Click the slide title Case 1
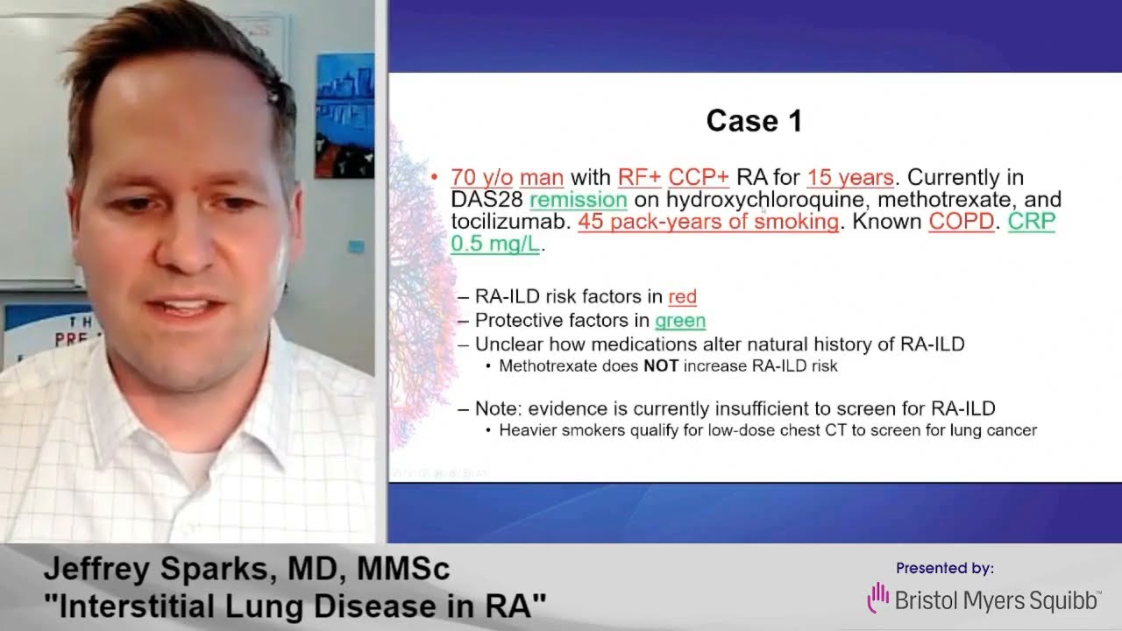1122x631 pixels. click(x=755, y=121)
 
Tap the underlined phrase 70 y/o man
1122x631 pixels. click(x=507, y=178)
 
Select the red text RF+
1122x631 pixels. click(x=639, y=177)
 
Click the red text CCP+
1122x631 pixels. click(x=699, y=177)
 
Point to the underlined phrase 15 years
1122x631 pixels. click(x=850, y=178)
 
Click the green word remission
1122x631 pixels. click(x=579, y=200)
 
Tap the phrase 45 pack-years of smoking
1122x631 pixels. click(x=708, y=222)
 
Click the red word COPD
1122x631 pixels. click(x=962, y=222)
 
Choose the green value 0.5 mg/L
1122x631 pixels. click(x=495, y=244)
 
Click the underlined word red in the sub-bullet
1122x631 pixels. click(x=682, y=296)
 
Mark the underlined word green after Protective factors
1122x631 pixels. click(x=680, y=321)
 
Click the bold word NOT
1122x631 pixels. click(x=661, y=366)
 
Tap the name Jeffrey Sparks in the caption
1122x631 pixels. click(x=160, y=570)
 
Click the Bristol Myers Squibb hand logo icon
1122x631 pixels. click(x=878, y=598)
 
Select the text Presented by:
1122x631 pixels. click(x=945, y=568)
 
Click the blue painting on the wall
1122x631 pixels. click(x=344, y=116)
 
